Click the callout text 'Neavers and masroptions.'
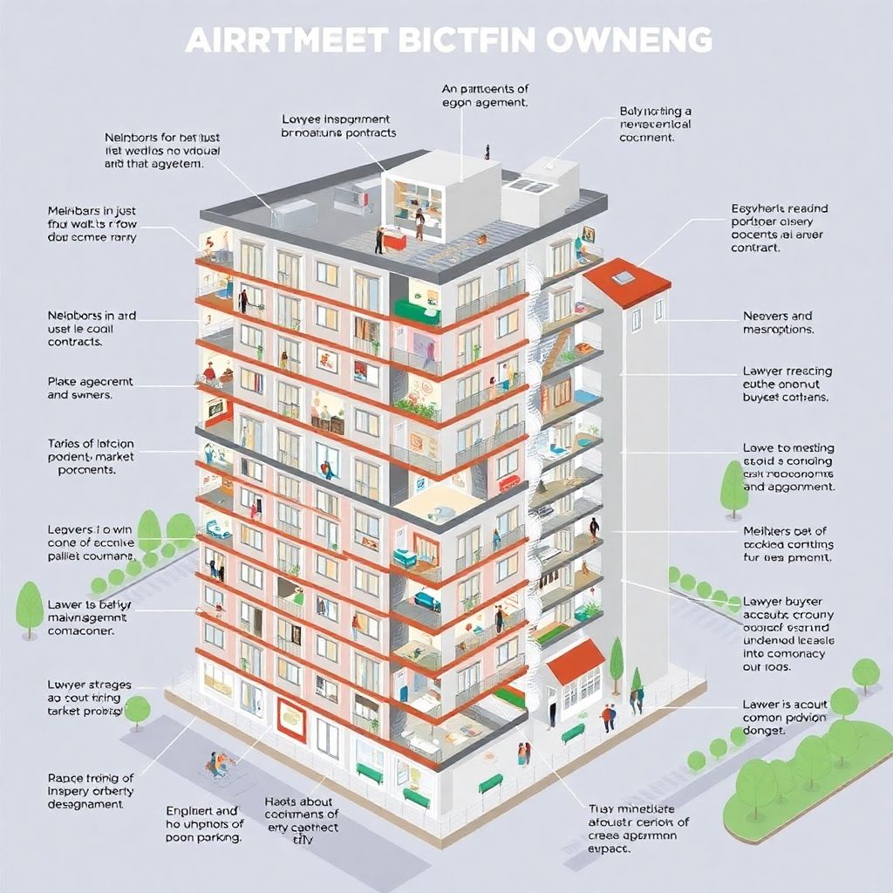(778, 323)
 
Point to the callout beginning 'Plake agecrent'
(90, 388)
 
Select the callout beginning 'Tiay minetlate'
(638, 828)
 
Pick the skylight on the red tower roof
(623, 277)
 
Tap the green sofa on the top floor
(418, 310)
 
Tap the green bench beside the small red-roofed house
(573, 733)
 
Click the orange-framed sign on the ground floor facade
(290, 717)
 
